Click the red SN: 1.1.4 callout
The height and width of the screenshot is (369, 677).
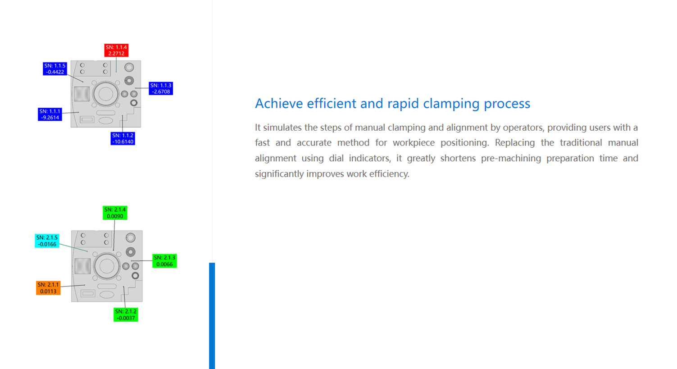116,50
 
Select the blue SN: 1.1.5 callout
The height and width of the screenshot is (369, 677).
55,68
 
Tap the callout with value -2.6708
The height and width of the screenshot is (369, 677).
161,88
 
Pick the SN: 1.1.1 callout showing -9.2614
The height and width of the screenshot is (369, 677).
50,114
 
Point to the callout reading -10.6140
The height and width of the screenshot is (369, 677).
123,138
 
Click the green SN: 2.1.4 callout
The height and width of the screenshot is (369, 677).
115,213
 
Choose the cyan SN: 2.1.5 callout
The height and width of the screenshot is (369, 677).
47,241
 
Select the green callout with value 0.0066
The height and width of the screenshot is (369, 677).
164,261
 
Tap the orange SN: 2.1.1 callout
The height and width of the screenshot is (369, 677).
48,288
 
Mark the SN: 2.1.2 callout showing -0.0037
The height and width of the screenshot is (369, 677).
126,314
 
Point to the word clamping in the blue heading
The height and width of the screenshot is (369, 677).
451,104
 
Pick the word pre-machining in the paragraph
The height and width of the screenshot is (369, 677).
511,159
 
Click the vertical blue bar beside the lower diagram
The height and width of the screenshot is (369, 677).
212,316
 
